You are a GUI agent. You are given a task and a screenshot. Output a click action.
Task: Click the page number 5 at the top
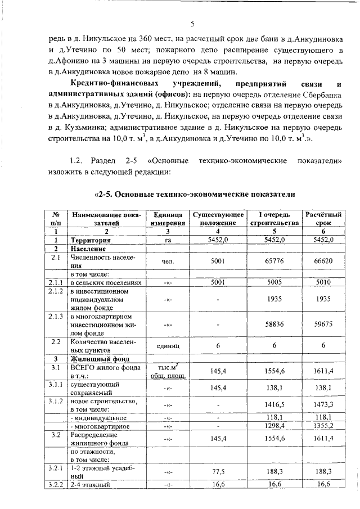click(x=192, y=24)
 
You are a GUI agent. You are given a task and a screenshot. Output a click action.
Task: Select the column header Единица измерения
click(x=167, y=219)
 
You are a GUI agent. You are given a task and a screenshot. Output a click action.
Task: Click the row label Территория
click(x=90, y=240)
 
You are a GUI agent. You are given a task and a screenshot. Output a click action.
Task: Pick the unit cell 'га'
click(x=167, y=240)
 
